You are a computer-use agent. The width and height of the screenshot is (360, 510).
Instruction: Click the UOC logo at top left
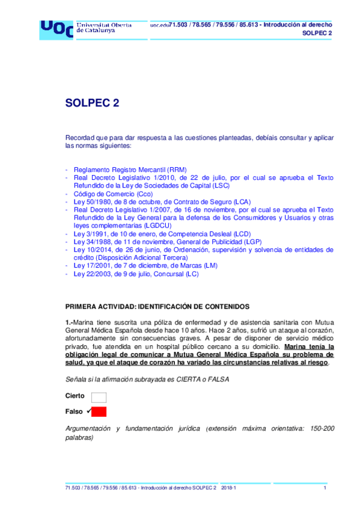[x=56, y=28]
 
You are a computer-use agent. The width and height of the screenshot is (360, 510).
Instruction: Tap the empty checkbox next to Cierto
[x=99, y=396]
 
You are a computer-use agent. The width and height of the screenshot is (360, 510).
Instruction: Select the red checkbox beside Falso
[x=99, y=411]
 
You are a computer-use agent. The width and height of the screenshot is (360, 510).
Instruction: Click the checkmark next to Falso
[x=88, y=411]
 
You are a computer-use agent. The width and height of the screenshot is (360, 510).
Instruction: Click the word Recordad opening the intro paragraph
[x=81, y=137]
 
